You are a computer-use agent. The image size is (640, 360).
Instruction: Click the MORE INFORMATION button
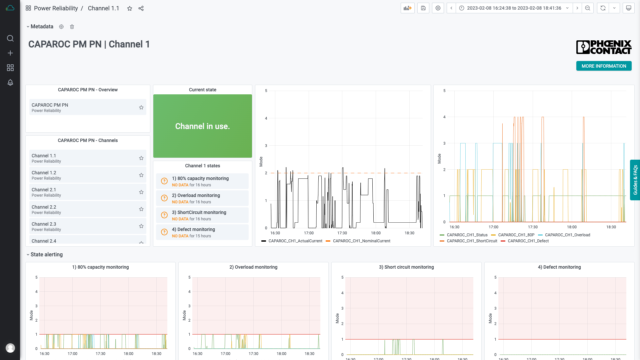pyautogui.click(x=604, y=66)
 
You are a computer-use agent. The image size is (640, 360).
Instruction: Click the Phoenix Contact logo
pyautogui.click(x=604, y=47)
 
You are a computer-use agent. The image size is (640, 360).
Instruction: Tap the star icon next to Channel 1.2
pyautogui.click(x=141, y=175)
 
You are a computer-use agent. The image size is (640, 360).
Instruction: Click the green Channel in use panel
pyautogui.click(x=202, y=126)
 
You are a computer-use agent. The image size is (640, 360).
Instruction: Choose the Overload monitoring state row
pyautogui.click(x=202, y=198)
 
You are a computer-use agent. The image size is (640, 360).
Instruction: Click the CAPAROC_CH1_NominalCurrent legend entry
pyautogui.click(x=361, y=241)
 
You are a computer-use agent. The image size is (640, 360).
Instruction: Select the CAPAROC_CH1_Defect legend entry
pyautogui.click(x=528, y=241)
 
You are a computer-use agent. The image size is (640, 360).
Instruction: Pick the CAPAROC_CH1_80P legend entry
pyautogui.click(x=516, y=235)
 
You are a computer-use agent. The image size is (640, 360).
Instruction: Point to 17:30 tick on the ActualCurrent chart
pyautogui.click(x=342, y=233)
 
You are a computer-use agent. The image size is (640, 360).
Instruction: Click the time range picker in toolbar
pyautogui.click(x=514, y=8)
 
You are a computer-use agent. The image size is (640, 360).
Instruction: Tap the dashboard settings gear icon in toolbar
pyautogui.click(x=438, y=8)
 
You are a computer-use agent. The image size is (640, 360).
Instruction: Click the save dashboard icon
pyautogui.click(x=423, y=8)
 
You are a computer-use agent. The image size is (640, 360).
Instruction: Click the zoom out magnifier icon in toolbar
pyautogui.click(x=588, y=8)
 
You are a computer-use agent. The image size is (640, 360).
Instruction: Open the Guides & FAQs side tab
pyautogui.click(x=635, y=180)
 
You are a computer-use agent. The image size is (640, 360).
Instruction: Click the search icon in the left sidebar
pyautogui.click(x=10, y=38)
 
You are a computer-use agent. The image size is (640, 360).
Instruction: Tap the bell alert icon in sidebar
pyautogui.click(x=10, y=82)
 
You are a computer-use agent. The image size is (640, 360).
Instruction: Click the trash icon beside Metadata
pyautogui.click(x=72, y=27)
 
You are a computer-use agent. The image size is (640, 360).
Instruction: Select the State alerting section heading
pyautogui.click(x=47, y=254)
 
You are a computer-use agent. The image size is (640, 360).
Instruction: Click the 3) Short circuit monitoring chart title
pyautogui.click(x=406, y=267)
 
